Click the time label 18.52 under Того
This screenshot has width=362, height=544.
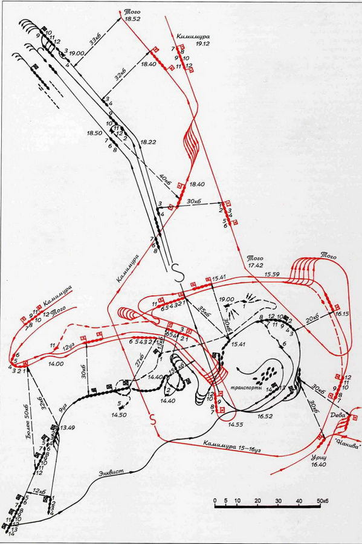tap(132, 19)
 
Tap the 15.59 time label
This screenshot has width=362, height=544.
tap(273, 276)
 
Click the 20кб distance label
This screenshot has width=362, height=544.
tap(312, 319)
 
